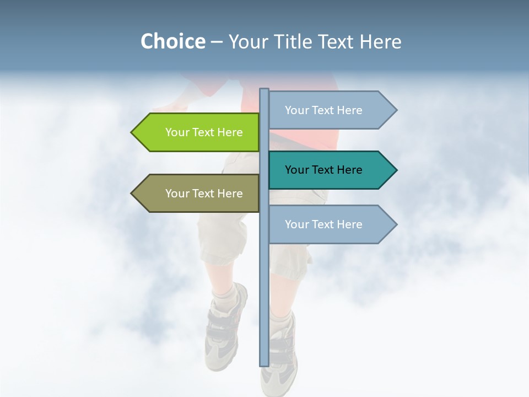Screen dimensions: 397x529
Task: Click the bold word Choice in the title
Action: pos(172,41)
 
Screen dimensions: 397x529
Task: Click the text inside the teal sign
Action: pos(323,170)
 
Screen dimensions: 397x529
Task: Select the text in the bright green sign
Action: pos(204,132)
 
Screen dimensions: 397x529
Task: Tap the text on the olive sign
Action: pos(204,194)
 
